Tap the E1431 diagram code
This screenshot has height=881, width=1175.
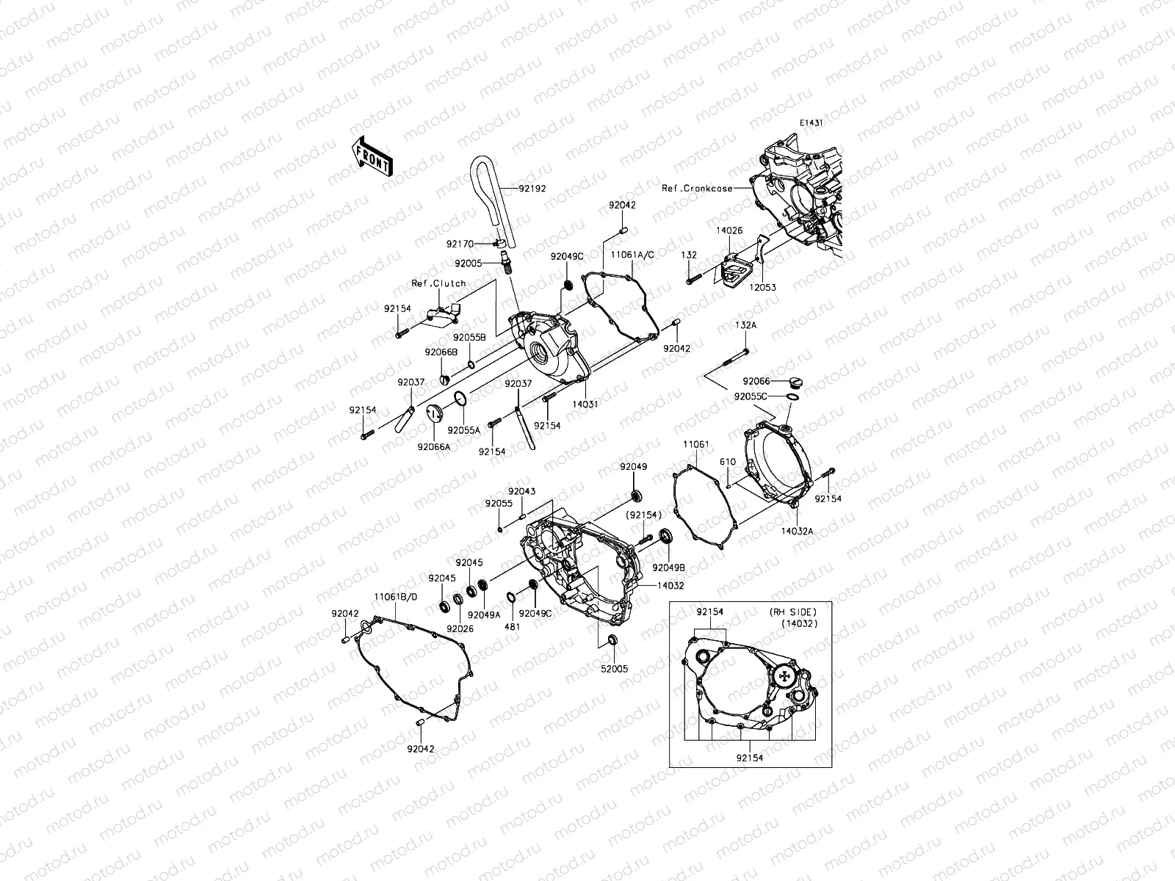tap(811, 123)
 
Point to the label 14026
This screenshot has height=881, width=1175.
tap(729, 231)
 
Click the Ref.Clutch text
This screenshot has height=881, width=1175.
tap(438, 283)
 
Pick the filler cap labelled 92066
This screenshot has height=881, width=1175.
tap(796, 383)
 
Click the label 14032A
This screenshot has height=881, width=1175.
tap(798, 530)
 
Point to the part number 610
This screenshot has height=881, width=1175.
tap(727, 462)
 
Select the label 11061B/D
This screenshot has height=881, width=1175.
tap(396, 598)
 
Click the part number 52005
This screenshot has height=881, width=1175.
tap(615, 669)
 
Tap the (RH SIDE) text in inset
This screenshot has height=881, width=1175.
tap(792, 612)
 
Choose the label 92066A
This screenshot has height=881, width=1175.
tap(433, 446)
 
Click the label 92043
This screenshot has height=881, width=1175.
tap(521, 491)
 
